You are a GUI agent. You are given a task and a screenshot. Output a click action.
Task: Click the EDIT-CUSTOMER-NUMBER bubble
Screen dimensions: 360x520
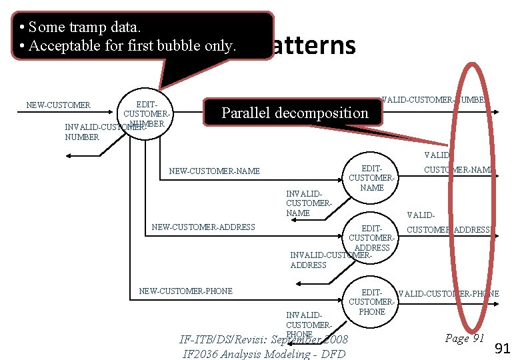[146, 113]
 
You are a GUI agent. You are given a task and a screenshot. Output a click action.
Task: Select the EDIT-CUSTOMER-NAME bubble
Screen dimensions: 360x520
[371, 178]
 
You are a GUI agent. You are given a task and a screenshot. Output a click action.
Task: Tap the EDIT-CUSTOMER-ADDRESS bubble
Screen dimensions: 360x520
[371, 238]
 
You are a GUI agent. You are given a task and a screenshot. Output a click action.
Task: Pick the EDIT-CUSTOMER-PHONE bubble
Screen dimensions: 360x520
[371, 302]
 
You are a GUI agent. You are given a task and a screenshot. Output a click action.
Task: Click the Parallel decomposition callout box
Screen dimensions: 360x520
[294, 113]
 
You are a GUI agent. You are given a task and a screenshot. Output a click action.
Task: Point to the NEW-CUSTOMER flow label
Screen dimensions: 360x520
[58, 105]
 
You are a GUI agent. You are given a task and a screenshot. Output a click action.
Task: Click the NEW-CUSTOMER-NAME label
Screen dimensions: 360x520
[214, 171]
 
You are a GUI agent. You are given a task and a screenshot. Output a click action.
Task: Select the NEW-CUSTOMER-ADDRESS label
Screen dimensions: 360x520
[203, 227]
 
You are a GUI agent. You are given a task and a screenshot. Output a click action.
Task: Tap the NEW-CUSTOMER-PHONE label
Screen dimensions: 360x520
[185, 291]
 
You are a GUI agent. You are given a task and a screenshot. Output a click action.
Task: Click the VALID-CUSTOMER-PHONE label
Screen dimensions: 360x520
[448, 294]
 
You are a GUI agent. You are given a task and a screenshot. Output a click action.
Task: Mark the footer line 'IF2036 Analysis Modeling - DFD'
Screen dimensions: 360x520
[263, 353]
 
